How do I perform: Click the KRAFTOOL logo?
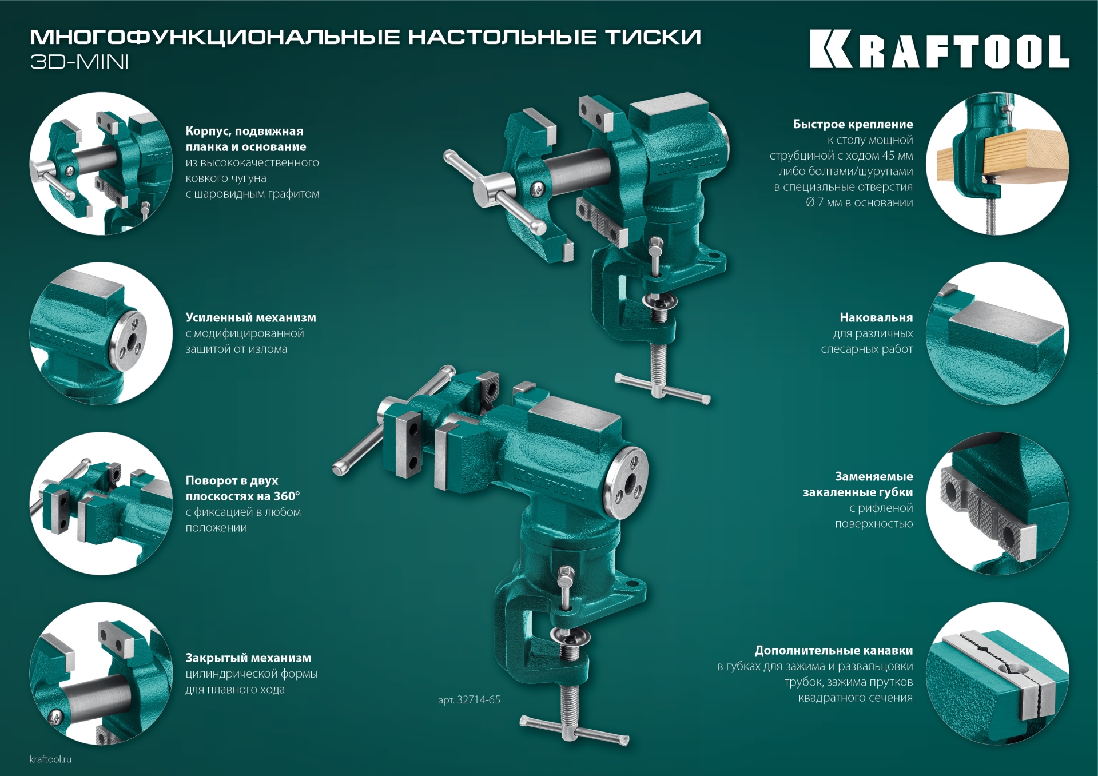[x=939, y=49]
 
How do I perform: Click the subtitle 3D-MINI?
[x=79, y=62]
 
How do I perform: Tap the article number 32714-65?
[x=469, y=699]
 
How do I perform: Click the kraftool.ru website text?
[x=50, y=759]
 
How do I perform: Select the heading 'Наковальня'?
[x=876, y=317]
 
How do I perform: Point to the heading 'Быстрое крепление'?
[x=853, y=124]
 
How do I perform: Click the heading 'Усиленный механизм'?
[x=250, y=317]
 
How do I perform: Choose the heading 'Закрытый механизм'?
[x=248, y=658]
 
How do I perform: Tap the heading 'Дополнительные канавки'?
[x=833, y=650]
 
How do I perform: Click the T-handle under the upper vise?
[x=662, y=389]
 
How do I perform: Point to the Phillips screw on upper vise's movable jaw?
[x=538, y=188]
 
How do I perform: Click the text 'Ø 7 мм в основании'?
[x=859, y=202]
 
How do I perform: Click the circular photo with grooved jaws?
[x=997, y=673]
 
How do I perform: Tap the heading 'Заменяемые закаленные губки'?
[x=857, y=484]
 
